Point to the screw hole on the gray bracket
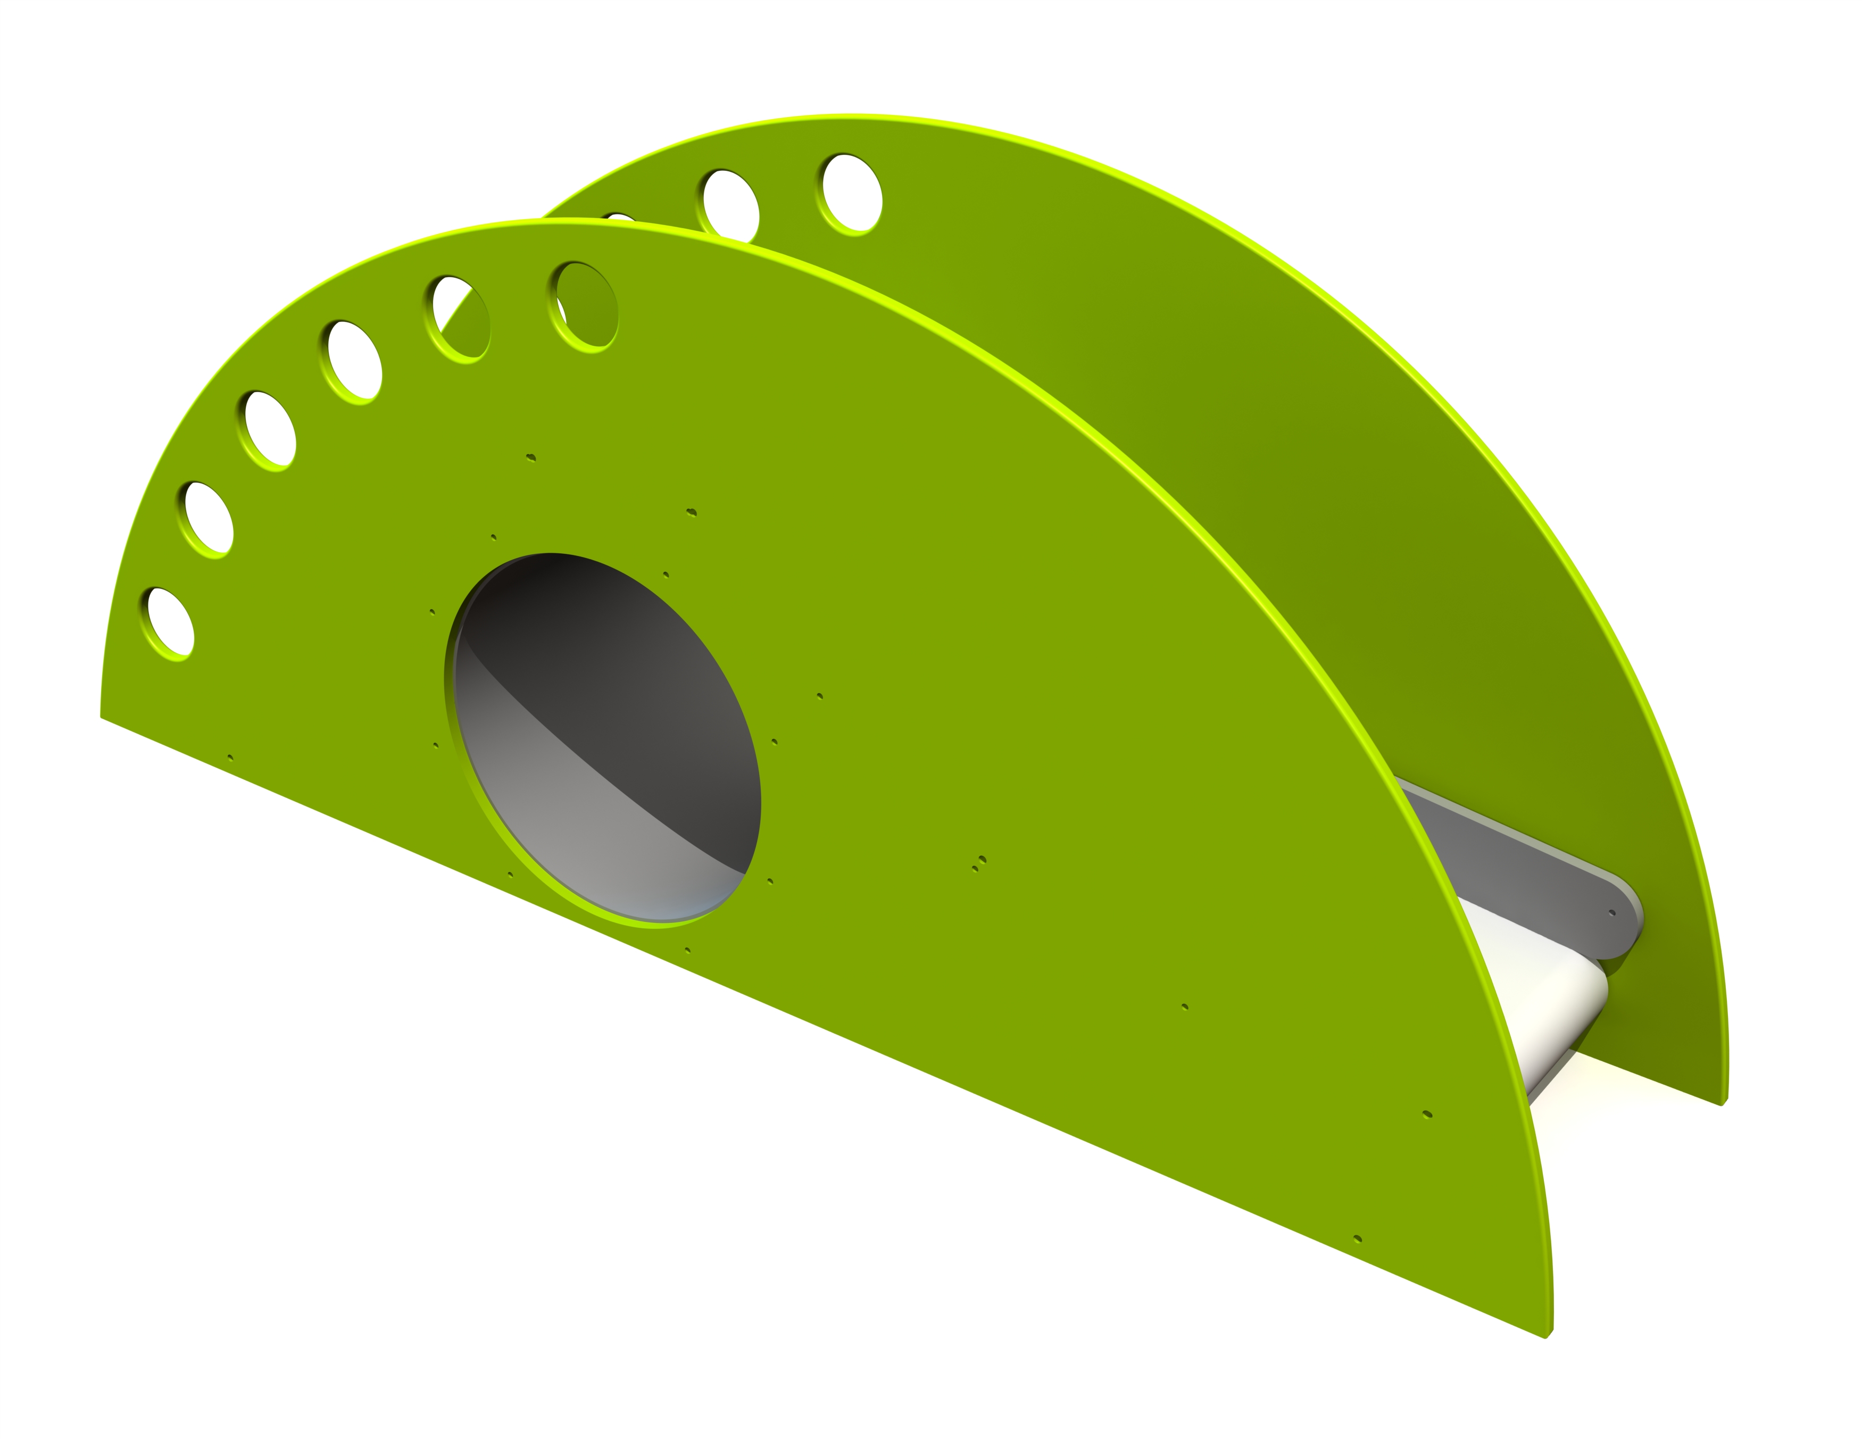pyautogui.click(x=1611, y=913)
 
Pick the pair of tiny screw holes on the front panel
pyautogui.click(x=979, y=863)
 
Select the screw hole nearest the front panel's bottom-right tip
pyautogui.click(x=1358, y=1238)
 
